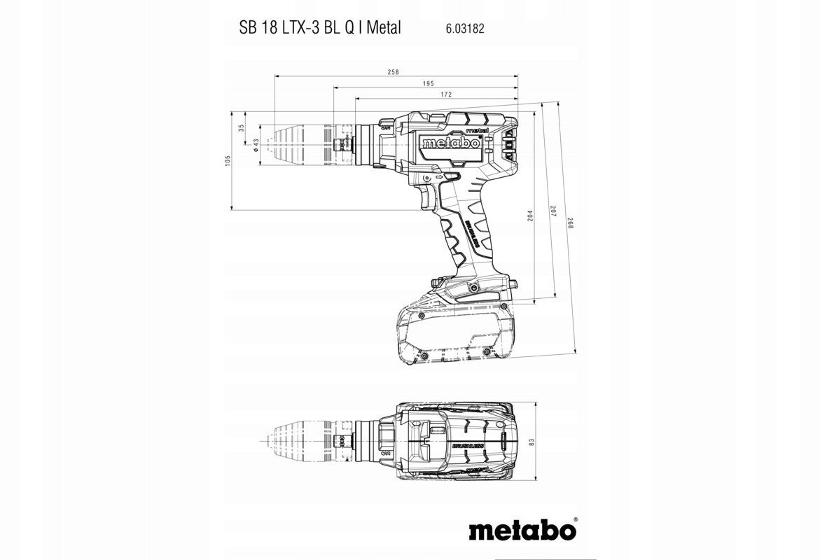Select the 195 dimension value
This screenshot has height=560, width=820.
pos(428,84)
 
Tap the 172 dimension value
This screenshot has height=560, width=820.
pos(445,94)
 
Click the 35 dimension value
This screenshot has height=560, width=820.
pos(242,128)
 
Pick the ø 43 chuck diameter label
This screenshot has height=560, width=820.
pos(256,146)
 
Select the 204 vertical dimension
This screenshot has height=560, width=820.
pos(530,217)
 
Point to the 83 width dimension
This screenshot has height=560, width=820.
pos(531,442)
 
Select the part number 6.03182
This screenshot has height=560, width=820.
pos(465,29)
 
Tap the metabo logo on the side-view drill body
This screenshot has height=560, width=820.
pos(451,143)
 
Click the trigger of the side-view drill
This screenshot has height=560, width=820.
pos(428,199)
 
